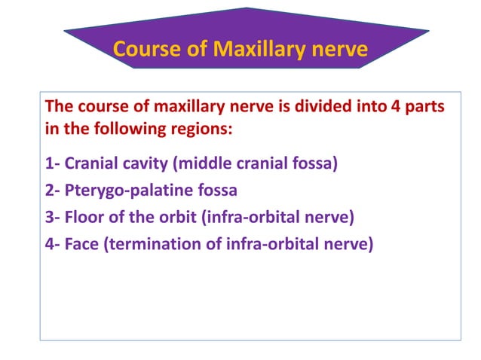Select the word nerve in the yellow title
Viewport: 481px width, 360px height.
pyautogui.click(x=341, y=50)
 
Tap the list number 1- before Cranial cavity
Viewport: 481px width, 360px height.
pyautogui.click(x=54, y=163)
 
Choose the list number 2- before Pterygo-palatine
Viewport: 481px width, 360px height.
pyautogui.click(x=54, y=188)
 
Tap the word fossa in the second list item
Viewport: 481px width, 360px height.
pyautogui.click(x=216, y=188)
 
